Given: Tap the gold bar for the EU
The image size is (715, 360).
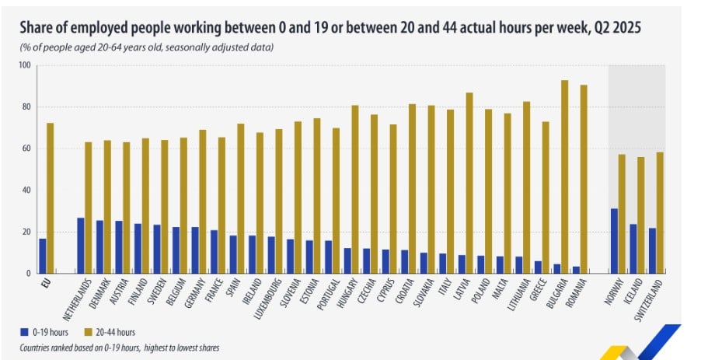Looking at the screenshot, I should [x=51, y=198].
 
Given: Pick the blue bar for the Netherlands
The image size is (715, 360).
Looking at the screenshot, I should [x=80, y=246].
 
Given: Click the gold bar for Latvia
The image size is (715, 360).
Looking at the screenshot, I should [x=469, y=183].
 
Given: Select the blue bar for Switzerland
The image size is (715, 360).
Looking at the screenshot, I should [x=652, y=250].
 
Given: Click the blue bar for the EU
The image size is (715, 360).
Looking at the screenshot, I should [x=43, y=256].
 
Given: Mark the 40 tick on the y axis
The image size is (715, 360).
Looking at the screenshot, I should [x=26, y=190].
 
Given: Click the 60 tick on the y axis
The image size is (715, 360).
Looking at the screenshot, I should [x=26, y=149].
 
